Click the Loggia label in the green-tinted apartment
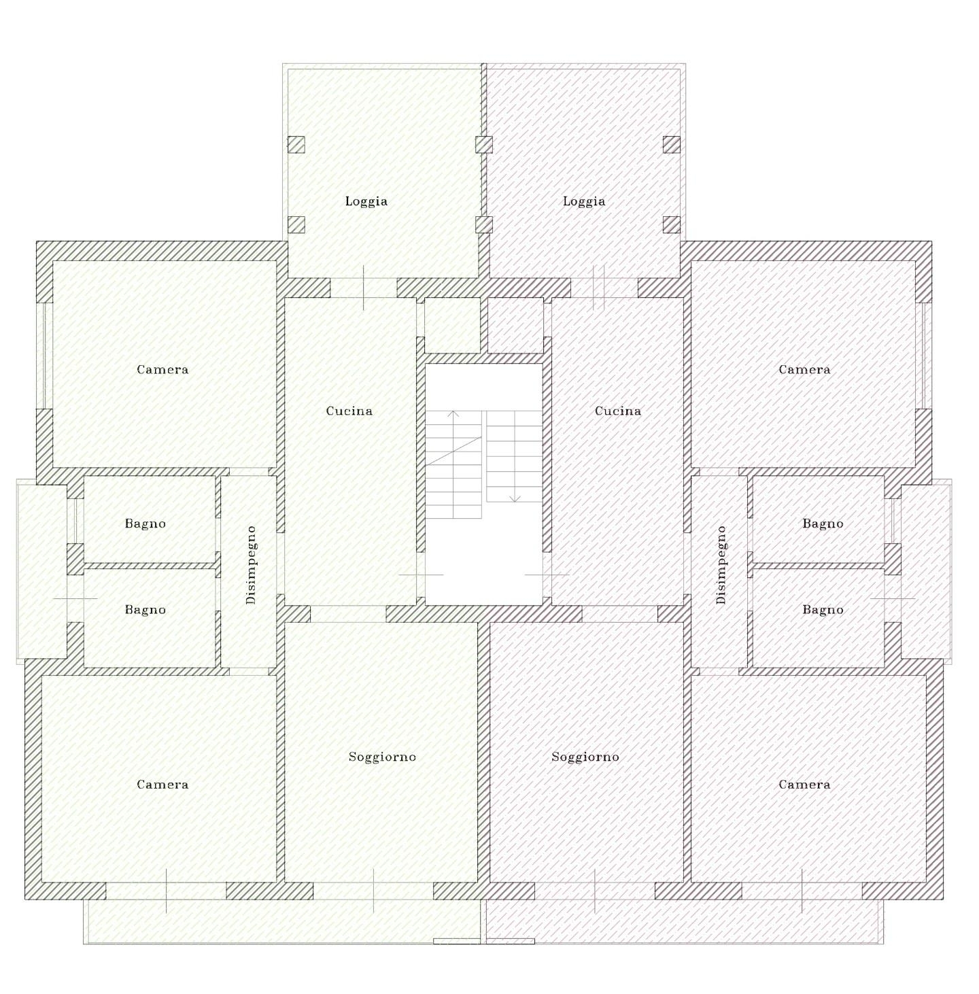[x=366, y=202]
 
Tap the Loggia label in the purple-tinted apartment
[x=584, y=202]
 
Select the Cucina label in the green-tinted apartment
[x=349, y=411]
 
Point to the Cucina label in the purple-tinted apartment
[x=618, y=411]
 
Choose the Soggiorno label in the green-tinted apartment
[x=382, y=757]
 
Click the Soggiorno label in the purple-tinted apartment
[x=585, y=757]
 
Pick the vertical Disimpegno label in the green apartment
[x=251, y=565]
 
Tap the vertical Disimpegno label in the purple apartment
[x=721, y=565]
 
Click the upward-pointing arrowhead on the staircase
[x=453, y=413]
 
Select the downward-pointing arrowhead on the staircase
[x=515, y=498]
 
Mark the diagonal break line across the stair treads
[x=454, y=451]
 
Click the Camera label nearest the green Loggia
[x=162, y=370]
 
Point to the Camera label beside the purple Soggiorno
[x=805, y=785]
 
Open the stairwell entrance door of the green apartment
[x=421, y=575]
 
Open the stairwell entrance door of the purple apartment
[x=547, y=575]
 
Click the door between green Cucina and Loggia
[x=364, y=288]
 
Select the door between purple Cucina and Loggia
[x=599, y=288]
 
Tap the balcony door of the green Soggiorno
[x=373, y=891]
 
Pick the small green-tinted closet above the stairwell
[x=452, y=325]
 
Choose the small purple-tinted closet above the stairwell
[x=515, y=325]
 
